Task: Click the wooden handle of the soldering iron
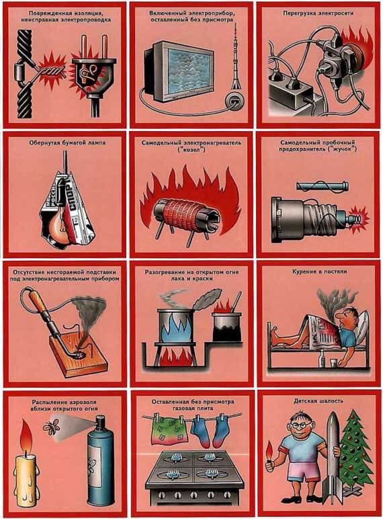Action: coord(40,305)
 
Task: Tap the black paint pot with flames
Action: coord(227,327)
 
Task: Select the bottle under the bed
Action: coord(321,359)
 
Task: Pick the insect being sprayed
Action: coord(52,427)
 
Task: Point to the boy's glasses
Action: coord(301,426)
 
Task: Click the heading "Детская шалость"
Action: coord(318,401)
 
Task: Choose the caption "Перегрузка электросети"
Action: coord(318,13)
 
